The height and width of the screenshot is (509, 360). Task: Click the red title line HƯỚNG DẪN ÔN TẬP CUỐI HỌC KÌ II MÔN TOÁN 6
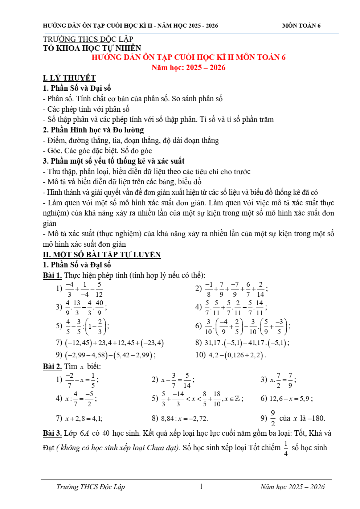tap(188, 57)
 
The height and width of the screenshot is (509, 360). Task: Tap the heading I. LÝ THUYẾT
tap(69, 78)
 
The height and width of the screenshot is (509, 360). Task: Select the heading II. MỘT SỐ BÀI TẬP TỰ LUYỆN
tap(102, 255)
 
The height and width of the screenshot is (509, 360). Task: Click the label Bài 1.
tap(52, 275)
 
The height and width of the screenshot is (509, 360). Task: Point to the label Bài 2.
tap(52, 366)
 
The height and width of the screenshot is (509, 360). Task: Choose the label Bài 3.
tap(52, 433)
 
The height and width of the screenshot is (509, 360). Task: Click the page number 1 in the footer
tap(201, 487)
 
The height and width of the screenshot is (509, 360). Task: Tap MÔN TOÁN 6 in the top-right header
tap(301, 25)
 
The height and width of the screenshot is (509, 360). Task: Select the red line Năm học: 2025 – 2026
tap(188, 67)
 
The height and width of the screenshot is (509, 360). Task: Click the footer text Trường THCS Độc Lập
tap(90, 487)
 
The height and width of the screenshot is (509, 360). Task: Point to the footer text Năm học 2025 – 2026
tap(292, 487)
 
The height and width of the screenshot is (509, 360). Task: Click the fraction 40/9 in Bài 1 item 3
tap(99, 307)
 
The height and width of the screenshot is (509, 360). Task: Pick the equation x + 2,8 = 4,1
tap(83, 419)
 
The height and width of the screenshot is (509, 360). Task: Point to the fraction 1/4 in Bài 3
tap(286, 448)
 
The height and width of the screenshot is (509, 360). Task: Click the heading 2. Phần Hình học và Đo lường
tap(93, 130)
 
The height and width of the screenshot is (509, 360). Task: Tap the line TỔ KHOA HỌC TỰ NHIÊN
tap(92, 48)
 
